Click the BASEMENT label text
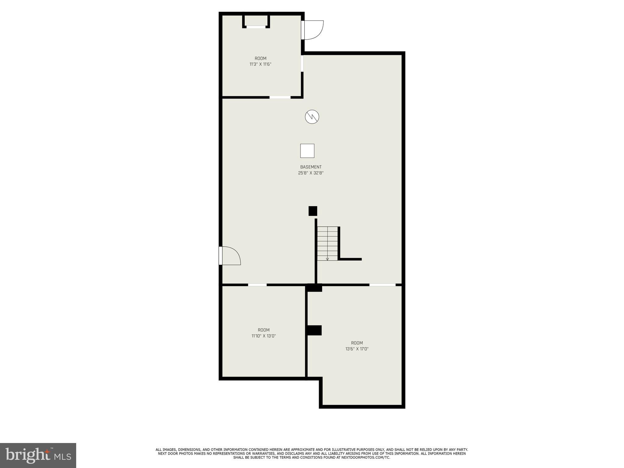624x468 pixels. coord(311,167)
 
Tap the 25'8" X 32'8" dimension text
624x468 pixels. coord(311,173)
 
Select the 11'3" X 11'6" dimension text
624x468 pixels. coord(260,64)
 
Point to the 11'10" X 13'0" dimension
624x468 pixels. coord(264,336)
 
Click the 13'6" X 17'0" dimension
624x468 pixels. coord(357,349)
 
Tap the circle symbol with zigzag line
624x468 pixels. coord(312,117)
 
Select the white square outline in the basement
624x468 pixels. coord(307,151)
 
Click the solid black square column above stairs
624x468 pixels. coord(313,211)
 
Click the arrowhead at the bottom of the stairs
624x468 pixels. coord(328,259)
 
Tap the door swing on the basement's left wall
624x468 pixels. coord(231,256)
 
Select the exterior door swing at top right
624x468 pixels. coord(313,30)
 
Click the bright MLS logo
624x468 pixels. coord(38,456)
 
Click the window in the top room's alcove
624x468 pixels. coord(256,27)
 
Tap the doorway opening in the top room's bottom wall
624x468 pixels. coord(280,97)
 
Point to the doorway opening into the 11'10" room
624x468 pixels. coord(257,285)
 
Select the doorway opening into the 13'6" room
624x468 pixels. coord(382,285)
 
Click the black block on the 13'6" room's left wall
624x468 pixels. coord(314,330)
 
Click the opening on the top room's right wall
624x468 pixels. coord(302,63)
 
